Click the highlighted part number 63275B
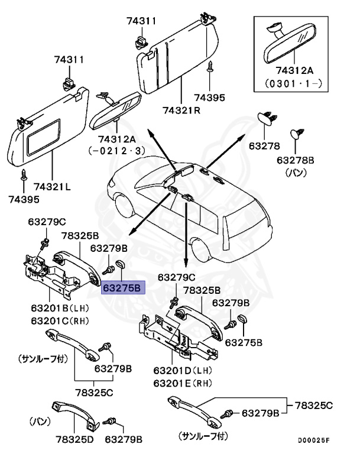122,288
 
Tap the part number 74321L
51,187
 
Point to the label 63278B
301,161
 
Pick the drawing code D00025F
313,440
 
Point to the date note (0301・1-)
293,85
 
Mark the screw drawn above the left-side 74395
24,174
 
